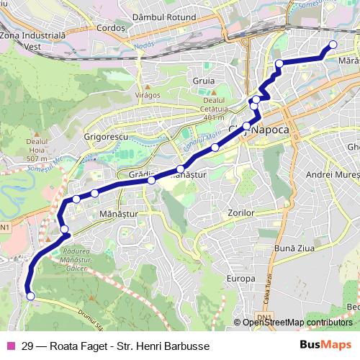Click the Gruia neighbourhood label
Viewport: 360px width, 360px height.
204,81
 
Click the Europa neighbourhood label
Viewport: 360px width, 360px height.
241,278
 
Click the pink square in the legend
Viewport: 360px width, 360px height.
10,346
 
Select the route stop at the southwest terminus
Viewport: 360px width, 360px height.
30,295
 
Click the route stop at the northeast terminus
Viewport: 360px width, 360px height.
333,45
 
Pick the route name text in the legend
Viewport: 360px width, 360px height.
115,346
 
